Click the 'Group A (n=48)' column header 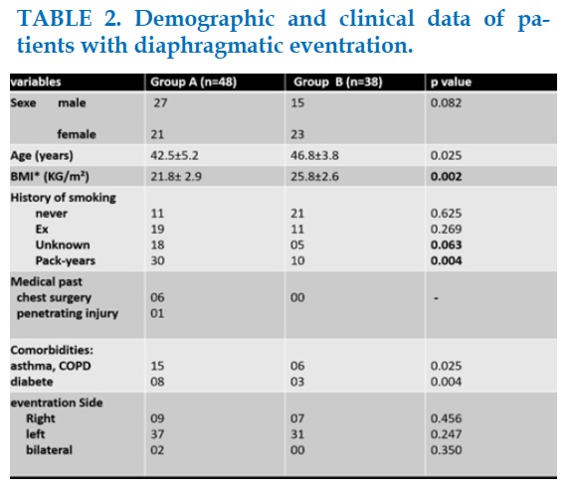(x=193, y=81)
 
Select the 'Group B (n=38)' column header (x=338, y=81)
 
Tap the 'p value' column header (x=451, y=81)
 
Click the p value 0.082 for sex (x=446, y=103)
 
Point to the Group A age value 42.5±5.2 (x=174, y=156)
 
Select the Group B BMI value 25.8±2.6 (x=314, y=177)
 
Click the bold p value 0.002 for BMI (x=446, y=177)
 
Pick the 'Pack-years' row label (x=66, y=260)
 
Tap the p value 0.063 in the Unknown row (x=446, y=244)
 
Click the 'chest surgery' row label (x=54, y=298)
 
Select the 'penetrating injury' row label (x=68, y=314)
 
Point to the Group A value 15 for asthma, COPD (x=157, y=366)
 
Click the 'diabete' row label (x=32, y=382)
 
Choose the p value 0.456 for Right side (x=446, y=418)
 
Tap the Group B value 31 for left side (x=297, y=434)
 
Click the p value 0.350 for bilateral (x=446, y=450)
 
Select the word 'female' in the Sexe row (x=77, y=134)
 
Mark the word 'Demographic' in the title (x=205, y=19)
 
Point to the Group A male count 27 (x=160, y=103)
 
